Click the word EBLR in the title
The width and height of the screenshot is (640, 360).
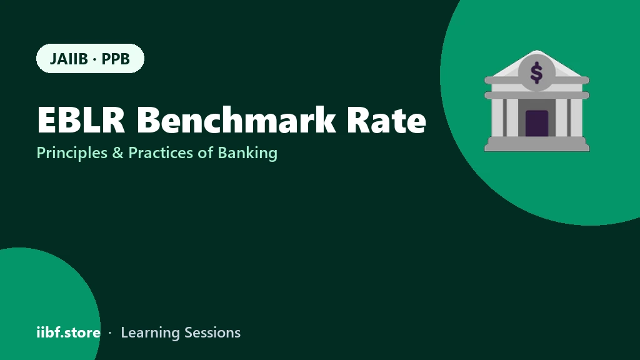click(x=81, y=119)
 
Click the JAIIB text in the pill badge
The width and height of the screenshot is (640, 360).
click(x=69, y=59)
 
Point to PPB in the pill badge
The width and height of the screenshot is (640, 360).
click(x=116, y=59)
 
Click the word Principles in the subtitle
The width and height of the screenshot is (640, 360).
click(x=72, y=153)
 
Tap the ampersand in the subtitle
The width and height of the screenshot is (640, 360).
click(x=117, y=153)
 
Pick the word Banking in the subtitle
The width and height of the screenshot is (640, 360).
click(x=247, y=153)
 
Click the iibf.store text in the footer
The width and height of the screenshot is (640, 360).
click(x=69, y=332)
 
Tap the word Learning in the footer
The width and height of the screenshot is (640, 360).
click(x=150, y=333)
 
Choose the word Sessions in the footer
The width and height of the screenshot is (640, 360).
click(x=212, y=332)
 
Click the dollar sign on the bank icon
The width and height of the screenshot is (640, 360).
click(x=536, y=72)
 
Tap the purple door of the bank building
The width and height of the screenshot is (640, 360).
click(x=537, y=123)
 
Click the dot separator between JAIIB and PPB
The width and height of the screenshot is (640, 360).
click(x=95, y=59)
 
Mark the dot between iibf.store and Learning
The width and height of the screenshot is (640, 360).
click(x=110, y=333)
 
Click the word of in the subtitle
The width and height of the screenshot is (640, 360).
click(x=205, y=152)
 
